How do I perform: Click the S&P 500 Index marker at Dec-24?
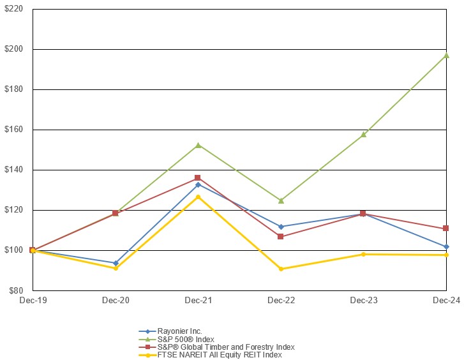[446, 56]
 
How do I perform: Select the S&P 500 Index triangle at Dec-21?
[198, 145]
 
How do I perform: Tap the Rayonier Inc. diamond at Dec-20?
[116, 263]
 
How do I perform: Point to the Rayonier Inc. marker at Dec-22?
[281, 227]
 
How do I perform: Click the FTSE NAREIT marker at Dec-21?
[198, 197]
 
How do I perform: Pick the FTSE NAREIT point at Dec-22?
[281, 269]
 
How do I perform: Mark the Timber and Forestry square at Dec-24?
[446, 229]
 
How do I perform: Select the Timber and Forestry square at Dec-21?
[198, 178]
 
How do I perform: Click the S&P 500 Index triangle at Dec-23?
[364, 135]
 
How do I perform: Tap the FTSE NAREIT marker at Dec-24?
[446, 255]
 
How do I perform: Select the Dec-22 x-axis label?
[281, 299]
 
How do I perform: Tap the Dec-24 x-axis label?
[446, 299]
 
